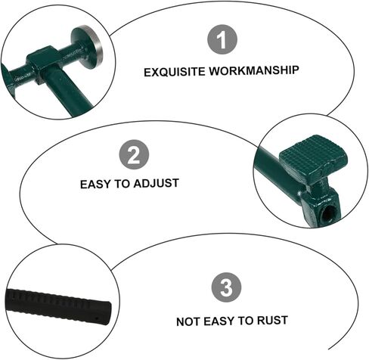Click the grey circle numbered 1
[x=222, y=41]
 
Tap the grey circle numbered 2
[x=134, y=156]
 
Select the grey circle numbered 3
[x=226, y=288]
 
